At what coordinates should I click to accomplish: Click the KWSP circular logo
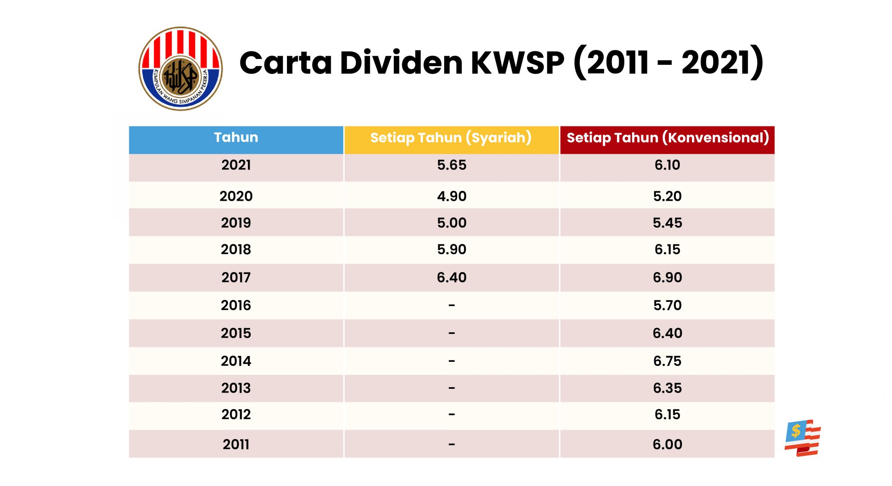tap(180, 68)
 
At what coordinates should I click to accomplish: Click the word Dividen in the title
tap(401, 63)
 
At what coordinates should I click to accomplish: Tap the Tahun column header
tap(236, 138)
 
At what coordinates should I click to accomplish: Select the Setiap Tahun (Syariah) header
tap(451, 138)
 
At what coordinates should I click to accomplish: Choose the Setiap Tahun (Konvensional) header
tap(667, 138)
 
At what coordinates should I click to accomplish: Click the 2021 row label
tap(236, 165)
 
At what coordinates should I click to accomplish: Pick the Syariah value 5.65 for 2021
tap(451, 165)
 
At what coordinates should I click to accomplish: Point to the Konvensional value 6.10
tap(667, 165)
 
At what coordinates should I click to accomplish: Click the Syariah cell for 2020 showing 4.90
tap(451, 196)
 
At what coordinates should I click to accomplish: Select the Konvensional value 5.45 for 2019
tap(667, 223)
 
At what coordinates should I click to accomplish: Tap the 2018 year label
tap(236, 249)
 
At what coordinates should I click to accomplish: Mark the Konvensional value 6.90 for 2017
tap(667, 277)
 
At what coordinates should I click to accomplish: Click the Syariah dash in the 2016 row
tap(451, 306)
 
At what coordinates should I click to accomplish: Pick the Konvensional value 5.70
tap(667, 306)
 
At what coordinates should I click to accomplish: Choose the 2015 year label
tap(236, 333)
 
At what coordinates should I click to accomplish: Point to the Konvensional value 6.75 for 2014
tap(667, 361)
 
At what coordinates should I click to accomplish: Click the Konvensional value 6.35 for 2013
tap(667, 388)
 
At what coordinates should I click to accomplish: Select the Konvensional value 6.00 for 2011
tap(667, 445)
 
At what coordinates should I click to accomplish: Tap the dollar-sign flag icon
tap(802, 438)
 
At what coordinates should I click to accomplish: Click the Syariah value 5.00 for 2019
tap(451, 223)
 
